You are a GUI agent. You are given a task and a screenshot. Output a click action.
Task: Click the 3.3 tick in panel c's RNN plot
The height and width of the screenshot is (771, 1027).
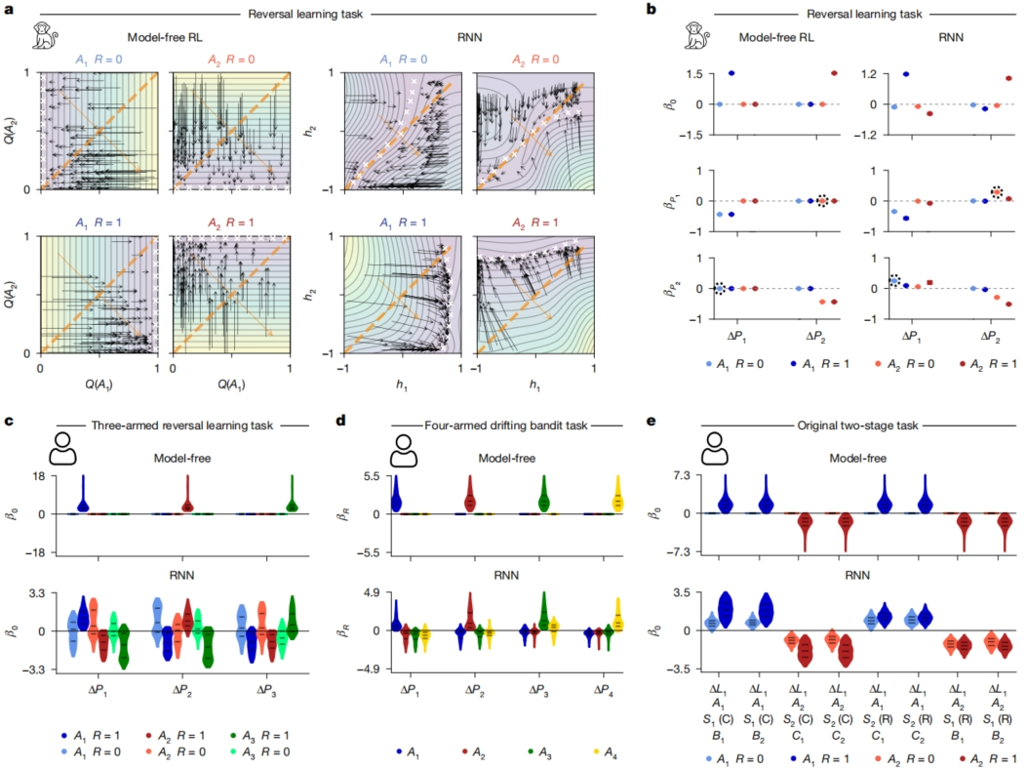click(39, 592)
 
